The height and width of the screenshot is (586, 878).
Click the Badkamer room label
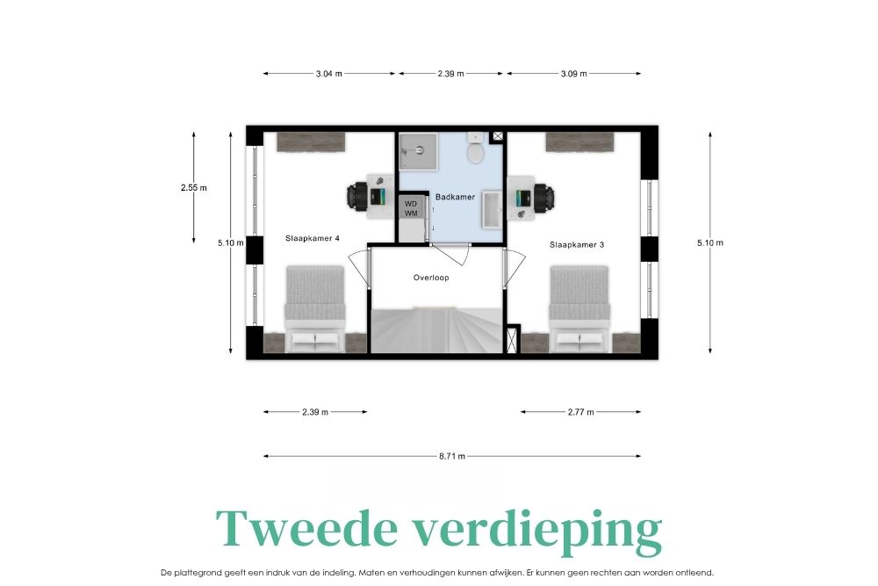coord(455,197)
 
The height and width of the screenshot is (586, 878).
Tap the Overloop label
coord(431,278)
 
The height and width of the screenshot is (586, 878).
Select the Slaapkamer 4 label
coord(313,238)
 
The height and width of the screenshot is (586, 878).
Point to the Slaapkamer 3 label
coord(577,244)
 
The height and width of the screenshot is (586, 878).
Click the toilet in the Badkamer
coord(475,148)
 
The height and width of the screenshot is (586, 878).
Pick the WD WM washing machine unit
coord(411,209)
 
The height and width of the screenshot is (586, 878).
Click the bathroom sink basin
coord(493,210)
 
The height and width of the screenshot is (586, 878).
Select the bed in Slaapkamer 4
coord(314,308)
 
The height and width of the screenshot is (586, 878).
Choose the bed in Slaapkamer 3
coord(579,308)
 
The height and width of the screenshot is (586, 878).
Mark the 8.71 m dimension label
coord(452,456)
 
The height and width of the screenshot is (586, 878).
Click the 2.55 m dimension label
coord(194,188)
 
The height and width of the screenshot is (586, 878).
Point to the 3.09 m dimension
coord(574,74)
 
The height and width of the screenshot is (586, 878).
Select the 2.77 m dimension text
coord(580,412)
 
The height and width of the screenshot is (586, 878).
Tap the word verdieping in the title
coord(537,532)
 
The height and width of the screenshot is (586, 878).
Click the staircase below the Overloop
coord(436,330)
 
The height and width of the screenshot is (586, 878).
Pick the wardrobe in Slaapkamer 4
coord(312,141)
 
